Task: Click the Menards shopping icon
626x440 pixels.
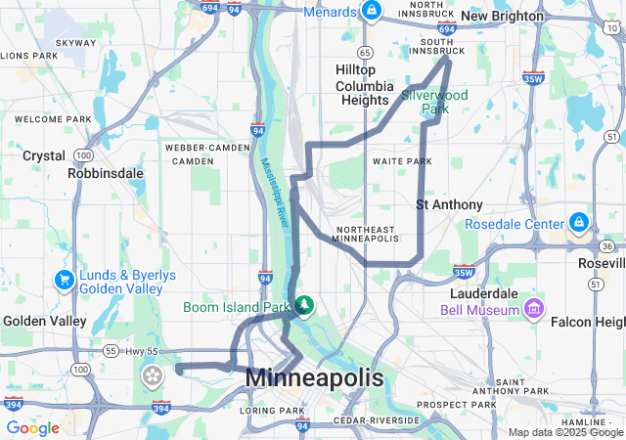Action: [371, 12]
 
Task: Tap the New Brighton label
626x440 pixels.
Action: [501, 16]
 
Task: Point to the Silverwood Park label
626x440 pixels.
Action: [434, 102]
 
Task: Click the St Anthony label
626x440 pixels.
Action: [449, 204]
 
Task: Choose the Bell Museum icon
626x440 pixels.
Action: [534, 310]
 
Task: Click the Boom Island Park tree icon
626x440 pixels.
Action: [304, 307]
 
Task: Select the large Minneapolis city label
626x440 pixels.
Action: [314, 376]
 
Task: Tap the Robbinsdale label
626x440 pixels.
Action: [106, 173]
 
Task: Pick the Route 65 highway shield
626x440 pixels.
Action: [364, 52]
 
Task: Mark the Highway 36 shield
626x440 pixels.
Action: [608, 246]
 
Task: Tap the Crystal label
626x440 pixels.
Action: [43, 155]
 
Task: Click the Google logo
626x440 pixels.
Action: [32, 428]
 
